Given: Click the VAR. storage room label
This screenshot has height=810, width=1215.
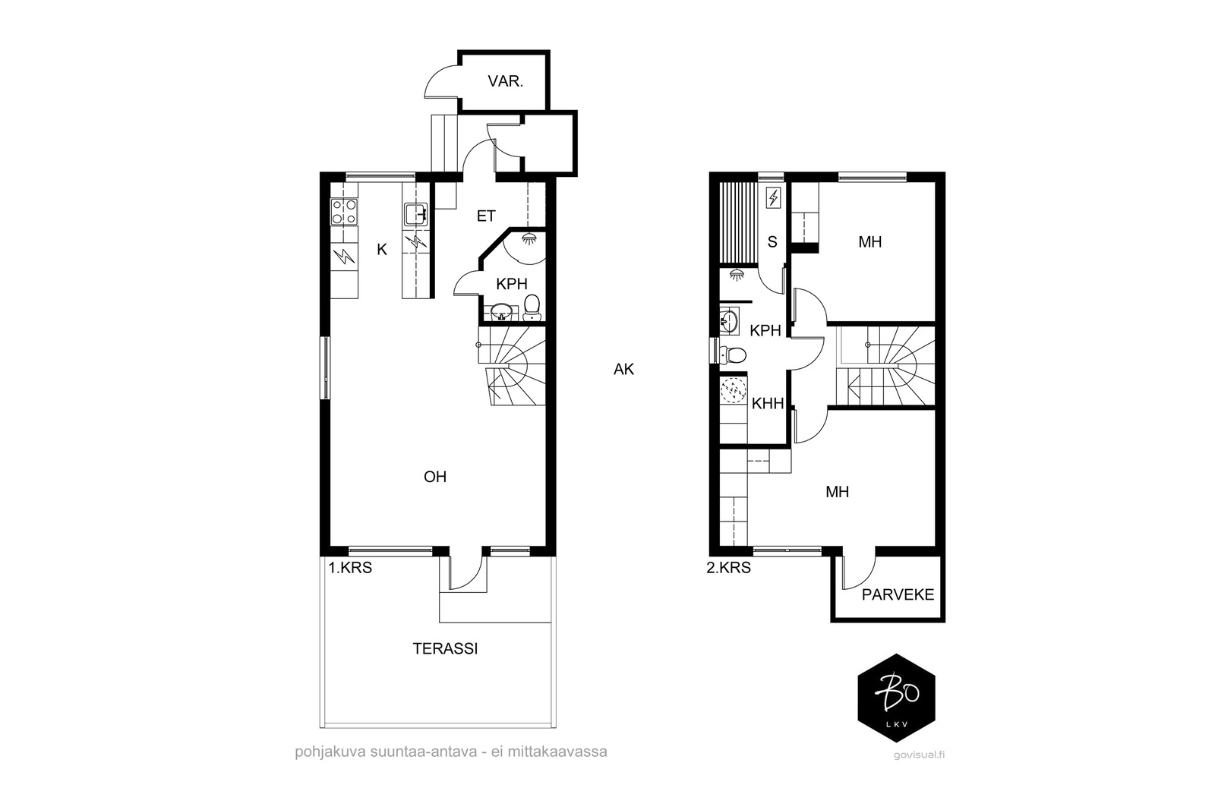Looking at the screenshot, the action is [x=505, y=81].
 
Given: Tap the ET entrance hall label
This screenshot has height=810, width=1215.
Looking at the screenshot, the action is [x=485, y=216].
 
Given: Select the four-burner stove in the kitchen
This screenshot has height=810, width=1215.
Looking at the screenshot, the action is [x=345, y=212].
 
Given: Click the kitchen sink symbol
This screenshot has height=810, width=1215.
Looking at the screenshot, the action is [x=416, y=214].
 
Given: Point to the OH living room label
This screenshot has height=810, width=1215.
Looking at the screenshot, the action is [x=435, y=477].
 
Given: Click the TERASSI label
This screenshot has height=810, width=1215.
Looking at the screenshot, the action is [x=445, y=648].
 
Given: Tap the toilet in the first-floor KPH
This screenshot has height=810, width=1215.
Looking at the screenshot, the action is [x=532, y=307].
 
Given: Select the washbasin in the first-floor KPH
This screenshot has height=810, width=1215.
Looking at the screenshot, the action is [x=500, y=312].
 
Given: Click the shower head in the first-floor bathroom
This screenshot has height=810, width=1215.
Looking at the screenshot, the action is [x=529, y=238].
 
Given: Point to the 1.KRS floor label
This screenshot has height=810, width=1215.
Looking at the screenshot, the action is [x=350, y=568].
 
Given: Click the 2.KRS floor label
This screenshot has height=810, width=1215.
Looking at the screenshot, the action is [x=728, y=568].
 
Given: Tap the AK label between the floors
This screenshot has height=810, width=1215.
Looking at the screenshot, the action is [x=623, y=369].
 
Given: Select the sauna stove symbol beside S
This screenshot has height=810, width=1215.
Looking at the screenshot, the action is [x=773, y=198].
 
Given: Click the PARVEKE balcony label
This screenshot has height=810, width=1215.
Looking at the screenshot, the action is [x=898, y=594].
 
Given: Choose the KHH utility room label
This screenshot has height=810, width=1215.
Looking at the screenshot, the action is [x=768, y=403].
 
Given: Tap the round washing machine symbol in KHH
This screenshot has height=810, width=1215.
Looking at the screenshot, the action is [x=734, y=390].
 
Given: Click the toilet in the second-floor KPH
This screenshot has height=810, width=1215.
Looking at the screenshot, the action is [x=732, y=355].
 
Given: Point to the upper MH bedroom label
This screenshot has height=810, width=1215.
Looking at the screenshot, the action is [x=870, y=242].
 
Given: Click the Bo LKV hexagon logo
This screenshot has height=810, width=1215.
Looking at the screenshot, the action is [x=897, y=697].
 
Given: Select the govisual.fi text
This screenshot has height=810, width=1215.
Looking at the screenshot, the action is [x=919, y=754].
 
